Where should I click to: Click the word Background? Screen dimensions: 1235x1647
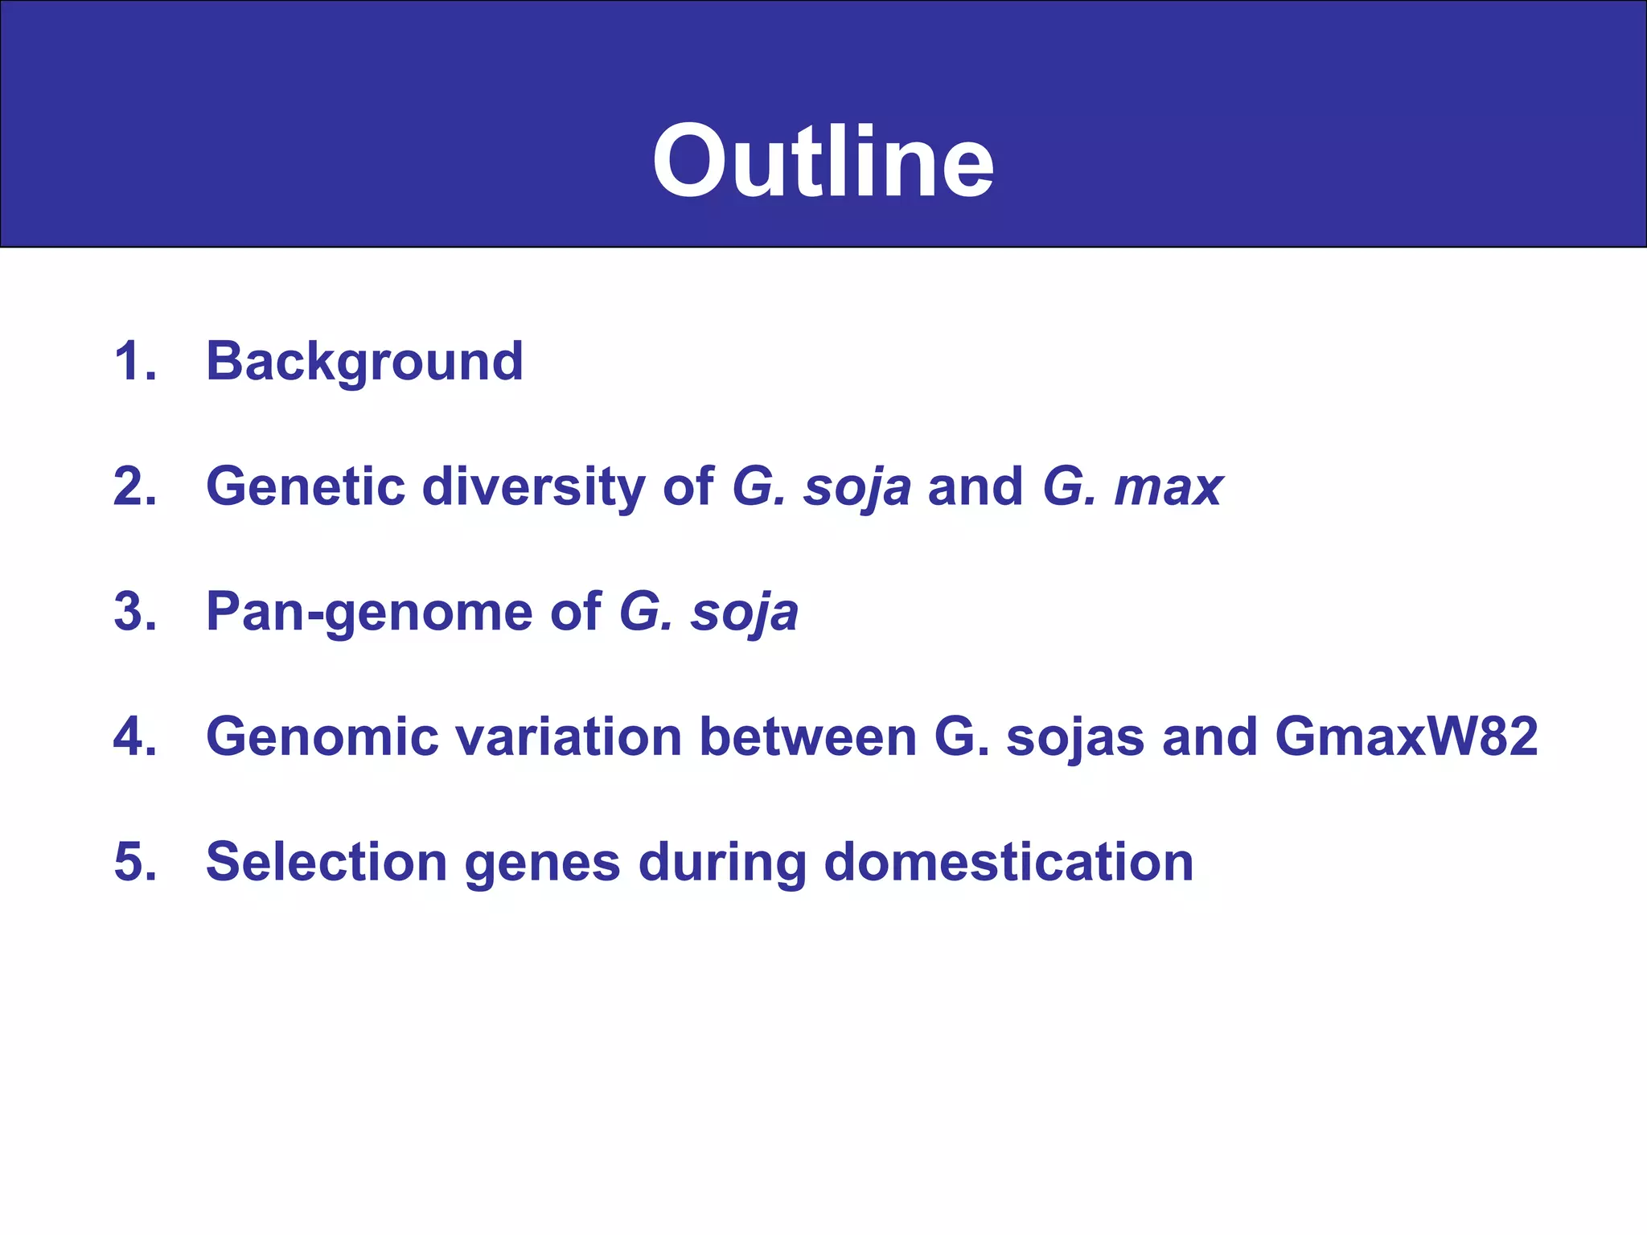pyautogui.click(x=364, y=362)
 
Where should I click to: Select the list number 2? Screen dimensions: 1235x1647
pyautogui.click(x=134, y=486)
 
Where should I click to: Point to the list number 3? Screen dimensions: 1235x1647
pyautogui.click(x=134, y=612)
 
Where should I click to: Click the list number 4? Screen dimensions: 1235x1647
pyautogui.click(x=134, y=736)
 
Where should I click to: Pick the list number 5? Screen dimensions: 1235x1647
pyautogui.click(x=134, y=862)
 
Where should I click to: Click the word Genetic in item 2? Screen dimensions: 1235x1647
pyautogui.click(x=305, y=486)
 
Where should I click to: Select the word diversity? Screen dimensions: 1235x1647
pyautogui.click(x=533, y=488)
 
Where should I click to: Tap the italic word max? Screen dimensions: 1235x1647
pyautogui.click(x=1168, y=488)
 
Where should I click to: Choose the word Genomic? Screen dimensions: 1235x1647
pyautogui.click(x=322, y=736)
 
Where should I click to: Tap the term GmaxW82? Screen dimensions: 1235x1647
pyautogui.click(x=1406, y=736)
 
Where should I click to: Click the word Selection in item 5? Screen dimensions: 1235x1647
pyautogui.click(x=326, y=862)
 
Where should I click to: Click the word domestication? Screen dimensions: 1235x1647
pyautogui.click(x=1008, y=862)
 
